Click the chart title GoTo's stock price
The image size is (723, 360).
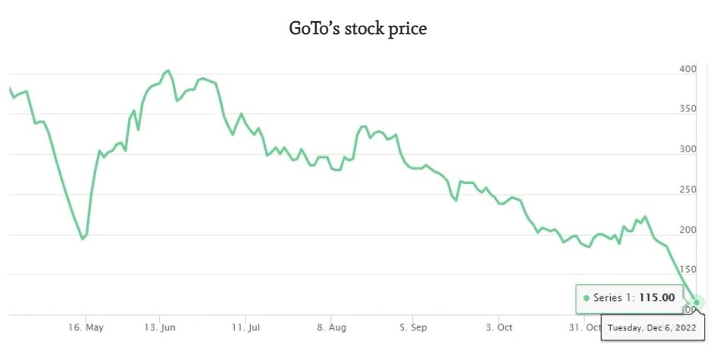pyautogui.click(x=358, y=29)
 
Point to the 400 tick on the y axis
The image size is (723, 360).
pyautogui.click(x=687, y=69)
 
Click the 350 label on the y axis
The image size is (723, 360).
pyautogui.click(x=687, y=109)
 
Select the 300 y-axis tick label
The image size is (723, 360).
pyautogui.click(x=687, y=149)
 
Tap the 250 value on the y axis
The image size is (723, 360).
pyautogui.click(x=687, y=189)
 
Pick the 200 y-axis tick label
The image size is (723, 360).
pyautogui.click(x=687, y=230)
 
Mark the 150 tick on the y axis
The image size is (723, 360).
pyautogui.click(x=687, y=270)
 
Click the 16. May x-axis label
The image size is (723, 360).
pyautogui.click(x=86, y=327)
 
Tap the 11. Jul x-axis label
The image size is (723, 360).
pyautogui.click(x=246, y=327)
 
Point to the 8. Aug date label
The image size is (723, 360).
pyautogui.click(x=331, y=327)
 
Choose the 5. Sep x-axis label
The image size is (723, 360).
pyautogui.click(x=412, y=327)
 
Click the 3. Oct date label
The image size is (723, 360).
pyautogui.click(x=499, y=327)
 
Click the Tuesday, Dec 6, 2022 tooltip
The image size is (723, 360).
pyautogui.click(x=653, y=327)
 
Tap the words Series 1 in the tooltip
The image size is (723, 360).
pyautogui.click(x=612, y=298)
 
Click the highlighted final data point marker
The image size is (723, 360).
pyautogui.click(x=696, y=302)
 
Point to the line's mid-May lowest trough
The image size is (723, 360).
pyautogui.click(x=83, y=239)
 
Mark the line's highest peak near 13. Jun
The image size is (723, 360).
pyautogui.click(x=167, y=70)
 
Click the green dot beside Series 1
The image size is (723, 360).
pyautogui.click(x=586, y=299)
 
